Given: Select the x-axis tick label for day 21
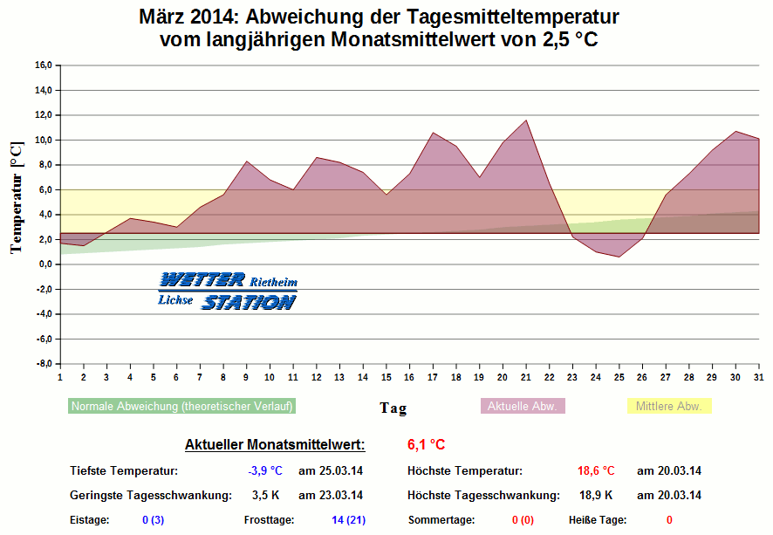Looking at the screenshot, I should click(x=526, y=377).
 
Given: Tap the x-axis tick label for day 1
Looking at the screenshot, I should click(x=60, y=377).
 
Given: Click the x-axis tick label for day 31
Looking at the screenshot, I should click(x=759, y=377).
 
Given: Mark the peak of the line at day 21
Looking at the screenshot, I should click(x=526, y=120).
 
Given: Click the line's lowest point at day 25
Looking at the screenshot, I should click(x=619, y=257).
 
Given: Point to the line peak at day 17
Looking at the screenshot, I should click(x=433, y=133).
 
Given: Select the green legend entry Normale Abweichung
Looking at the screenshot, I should click(x=182, y=406).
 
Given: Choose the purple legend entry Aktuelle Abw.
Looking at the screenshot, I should click(x=523, y=406).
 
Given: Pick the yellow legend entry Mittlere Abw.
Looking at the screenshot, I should click(x=669, y=406).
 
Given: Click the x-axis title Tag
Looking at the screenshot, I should click(x=393, y=408).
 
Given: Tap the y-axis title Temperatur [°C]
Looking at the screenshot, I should click(x=17, y=199).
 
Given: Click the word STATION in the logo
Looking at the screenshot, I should click(x=249, y=302).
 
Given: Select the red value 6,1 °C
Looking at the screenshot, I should click(x=427, y=445).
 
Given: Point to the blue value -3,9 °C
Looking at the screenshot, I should click(x=265, y=470).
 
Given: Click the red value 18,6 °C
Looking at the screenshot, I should click(x=596, y=470).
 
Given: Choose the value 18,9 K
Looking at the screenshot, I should click(x=596, y=495).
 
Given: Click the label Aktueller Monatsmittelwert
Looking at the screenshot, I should click(x=275, y=445).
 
